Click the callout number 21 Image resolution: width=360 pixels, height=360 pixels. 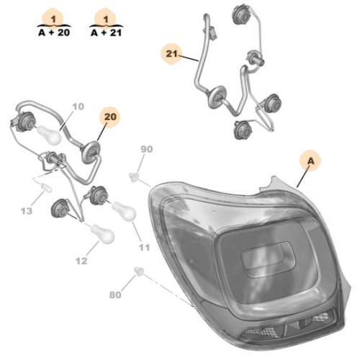(x=171, y=54)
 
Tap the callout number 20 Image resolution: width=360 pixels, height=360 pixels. (x=110, y=117)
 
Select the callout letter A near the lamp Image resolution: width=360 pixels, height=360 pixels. (x=310, y=161)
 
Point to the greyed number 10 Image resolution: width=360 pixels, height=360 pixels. (x=78, y=107)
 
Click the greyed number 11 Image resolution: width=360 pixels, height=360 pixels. (x=144, y=247)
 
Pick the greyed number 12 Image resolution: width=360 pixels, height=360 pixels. (x=81, y=261)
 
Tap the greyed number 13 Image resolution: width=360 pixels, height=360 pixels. (x=27, y=211)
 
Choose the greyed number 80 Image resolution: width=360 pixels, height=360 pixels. (x=115, y=294)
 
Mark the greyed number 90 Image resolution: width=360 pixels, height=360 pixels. (x=146, y=149)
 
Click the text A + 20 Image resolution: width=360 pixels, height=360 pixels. (x=54, y=32)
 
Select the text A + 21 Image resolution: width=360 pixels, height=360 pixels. (x=107, y=32)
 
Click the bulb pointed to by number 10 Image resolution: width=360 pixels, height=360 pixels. (x=49, y=135)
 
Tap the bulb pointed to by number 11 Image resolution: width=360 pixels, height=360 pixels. (x=124, y=211)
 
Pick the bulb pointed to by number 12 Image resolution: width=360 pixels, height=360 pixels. (x=102, y=233)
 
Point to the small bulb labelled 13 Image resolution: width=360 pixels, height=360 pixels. (x=46, y=187)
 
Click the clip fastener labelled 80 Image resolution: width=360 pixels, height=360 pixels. (x=139, y=271)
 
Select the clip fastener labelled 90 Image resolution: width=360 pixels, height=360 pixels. (x=134, y=177)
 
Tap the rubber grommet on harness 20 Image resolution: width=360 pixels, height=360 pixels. (x=90, y=153)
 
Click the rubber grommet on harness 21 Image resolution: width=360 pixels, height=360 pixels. (x=217, y=97)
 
